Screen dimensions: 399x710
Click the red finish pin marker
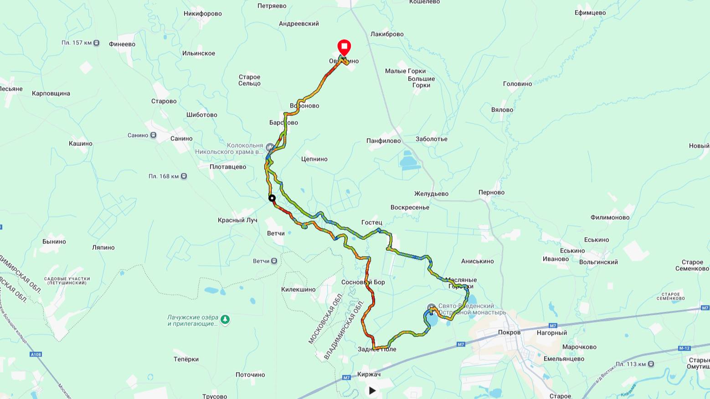coord(344,47)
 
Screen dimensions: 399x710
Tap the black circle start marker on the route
coord(272,198)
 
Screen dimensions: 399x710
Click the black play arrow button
coord(372,390)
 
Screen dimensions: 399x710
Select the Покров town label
coord(509,332)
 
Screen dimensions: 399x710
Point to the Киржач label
coord(369,374)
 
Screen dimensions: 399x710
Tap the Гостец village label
coord(371,223)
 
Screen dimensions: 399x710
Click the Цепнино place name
coord(314,159)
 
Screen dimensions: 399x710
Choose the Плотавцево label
coord(228,167)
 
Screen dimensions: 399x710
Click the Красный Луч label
coord(237,220)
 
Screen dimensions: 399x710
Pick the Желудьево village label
coord(431,194)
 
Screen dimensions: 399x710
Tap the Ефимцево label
coord(590,13)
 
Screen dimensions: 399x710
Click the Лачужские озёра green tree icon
coord(225,320)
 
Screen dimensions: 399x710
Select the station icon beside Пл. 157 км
coord(97,43)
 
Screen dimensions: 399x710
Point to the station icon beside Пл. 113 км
coord(651,364)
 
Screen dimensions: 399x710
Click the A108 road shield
coord(36,354)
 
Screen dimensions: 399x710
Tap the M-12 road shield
coord(684,348)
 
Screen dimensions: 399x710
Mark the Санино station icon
coord(153,135)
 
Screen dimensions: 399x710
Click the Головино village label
coord(517,84)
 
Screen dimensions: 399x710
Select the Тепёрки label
coord(186,359)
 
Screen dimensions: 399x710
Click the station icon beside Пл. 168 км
coord(184,176)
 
